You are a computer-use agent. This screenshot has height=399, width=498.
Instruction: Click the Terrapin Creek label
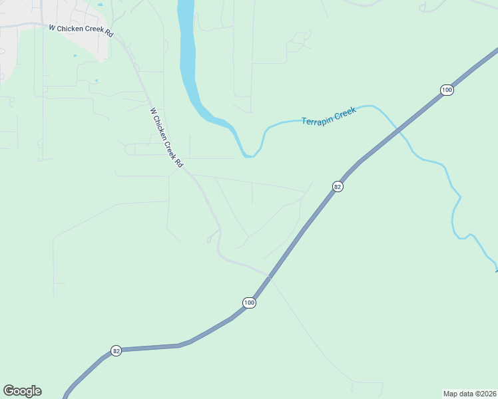click(x=329, y=116)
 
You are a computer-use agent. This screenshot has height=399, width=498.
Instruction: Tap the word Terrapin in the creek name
click(x=316, y=118)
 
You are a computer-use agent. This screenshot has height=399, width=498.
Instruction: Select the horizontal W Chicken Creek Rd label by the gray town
click(x=81, y=29)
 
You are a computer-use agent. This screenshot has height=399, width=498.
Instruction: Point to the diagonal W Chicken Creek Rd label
click(x=166, y=138)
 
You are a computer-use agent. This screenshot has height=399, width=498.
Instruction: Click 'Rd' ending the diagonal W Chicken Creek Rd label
click(x=178, y=162)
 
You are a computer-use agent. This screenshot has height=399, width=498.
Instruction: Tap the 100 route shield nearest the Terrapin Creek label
click(x=447, y=90)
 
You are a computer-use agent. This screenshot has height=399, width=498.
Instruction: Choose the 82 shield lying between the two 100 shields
click(x=338, y=187)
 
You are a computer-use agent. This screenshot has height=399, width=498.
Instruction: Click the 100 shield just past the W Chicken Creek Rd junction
click(x=249, y=303)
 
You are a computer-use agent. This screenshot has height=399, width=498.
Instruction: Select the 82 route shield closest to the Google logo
click(x=116, y=350)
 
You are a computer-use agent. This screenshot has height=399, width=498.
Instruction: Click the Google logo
click(x=22, y=391)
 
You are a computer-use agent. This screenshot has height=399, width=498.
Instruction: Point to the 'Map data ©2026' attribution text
click(x=469, y=393)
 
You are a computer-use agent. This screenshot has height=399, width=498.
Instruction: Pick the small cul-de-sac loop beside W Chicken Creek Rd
click(x=210, y=239)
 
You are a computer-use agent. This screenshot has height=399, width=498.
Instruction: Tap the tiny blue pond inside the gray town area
click(x=101, y=5)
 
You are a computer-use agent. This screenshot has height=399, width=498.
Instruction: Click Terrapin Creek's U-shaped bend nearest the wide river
click(x=249, y=155)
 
